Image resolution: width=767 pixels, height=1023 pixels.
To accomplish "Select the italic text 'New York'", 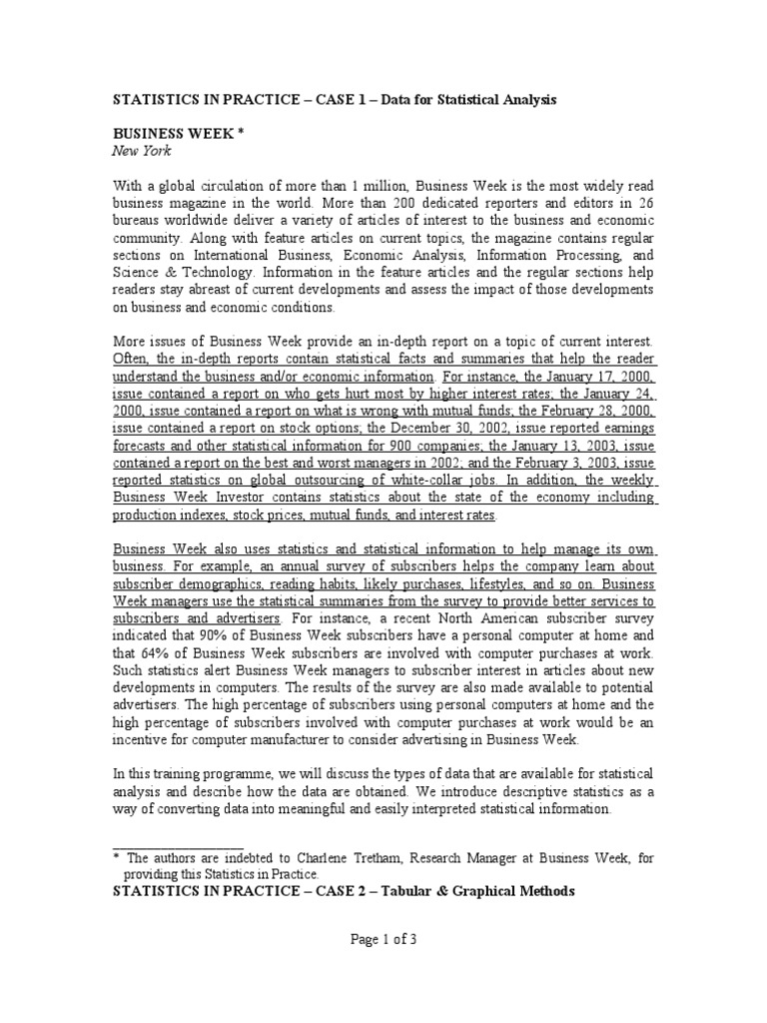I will (x=142, y=151).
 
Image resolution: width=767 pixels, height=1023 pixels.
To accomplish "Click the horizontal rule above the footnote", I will (x=178, y=844).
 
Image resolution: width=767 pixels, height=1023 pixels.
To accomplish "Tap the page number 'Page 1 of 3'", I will (x=383, y=939).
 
